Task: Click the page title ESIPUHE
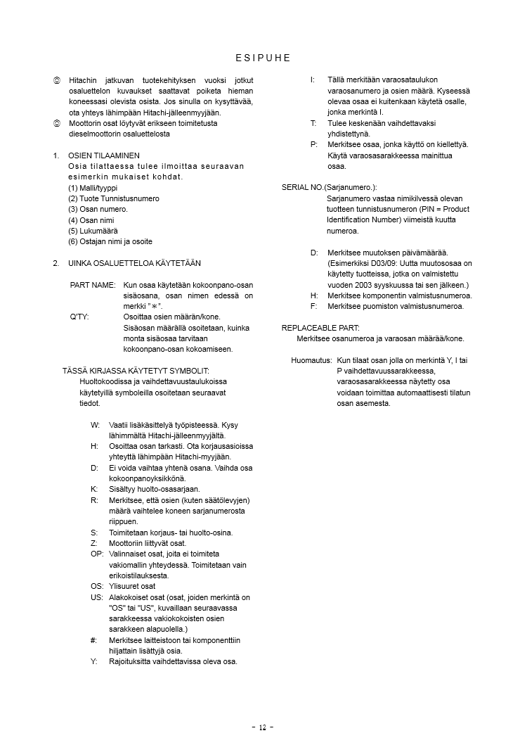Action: pyautogui.click(x=263, y=58)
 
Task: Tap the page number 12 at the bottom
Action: pyautogui.click(x=263, y=727)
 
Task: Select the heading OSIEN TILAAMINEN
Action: pyautogui.click(x=104, y=155)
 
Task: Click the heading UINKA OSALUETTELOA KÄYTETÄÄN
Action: pyautogui.click(x=134, y=263)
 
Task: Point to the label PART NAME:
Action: pyautogui.click(x=93, y=285)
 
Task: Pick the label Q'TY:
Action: pyautogui.click(x=79, y=317)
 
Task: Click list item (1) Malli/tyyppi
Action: pyautogui.click(x=93, y=188)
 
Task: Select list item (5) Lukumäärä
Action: pyautogui.click(x=93, y=231)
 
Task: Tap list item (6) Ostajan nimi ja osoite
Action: pyautogui.click(x=110, y=241)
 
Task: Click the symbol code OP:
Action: pyautogui.click(x=97, y=554)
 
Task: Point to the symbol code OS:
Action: pyautogui.click(x=97, y=586)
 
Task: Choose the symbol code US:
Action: pyautogui.click(x=97, y=597)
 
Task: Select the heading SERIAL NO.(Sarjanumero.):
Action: pyautogui.click(x=329, y=187)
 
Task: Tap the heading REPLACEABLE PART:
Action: pyautogui.click(x=320, y=328)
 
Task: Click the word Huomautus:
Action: pyautogui.click(x=311, y=360)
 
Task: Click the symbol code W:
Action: pyautogui.click(x=95, y=425)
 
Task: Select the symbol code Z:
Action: pyautogui.click(x=94, y=543)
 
